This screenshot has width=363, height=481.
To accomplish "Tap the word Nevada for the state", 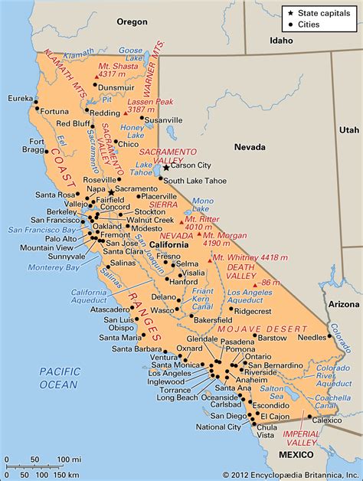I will (250, 146).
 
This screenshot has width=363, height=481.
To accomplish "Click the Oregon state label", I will (131, 22).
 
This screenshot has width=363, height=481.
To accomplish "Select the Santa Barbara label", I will (137, 349).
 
